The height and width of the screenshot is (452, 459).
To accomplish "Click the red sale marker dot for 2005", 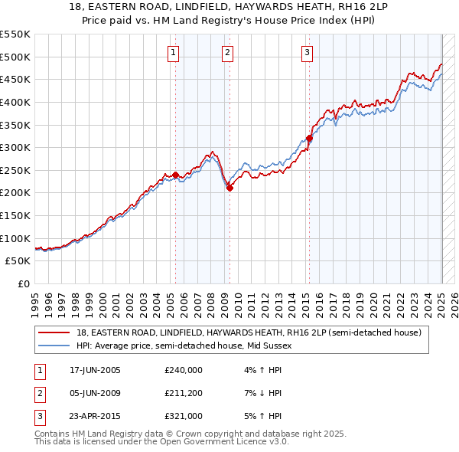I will coord(175,175).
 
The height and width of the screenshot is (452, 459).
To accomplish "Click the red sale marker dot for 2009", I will coord(229,188).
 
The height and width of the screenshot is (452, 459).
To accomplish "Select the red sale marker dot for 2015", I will coord(309,138).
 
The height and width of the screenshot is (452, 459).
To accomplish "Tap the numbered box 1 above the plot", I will coord(174,53).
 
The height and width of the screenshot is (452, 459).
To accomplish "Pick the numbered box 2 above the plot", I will coord(228,53).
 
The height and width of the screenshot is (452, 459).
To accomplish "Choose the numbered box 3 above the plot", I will coord(307,53).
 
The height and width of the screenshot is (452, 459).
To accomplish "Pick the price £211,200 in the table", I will coord(183,393).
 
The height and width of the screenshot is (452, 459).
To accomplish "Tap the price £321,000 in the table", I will coord(183,416).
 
